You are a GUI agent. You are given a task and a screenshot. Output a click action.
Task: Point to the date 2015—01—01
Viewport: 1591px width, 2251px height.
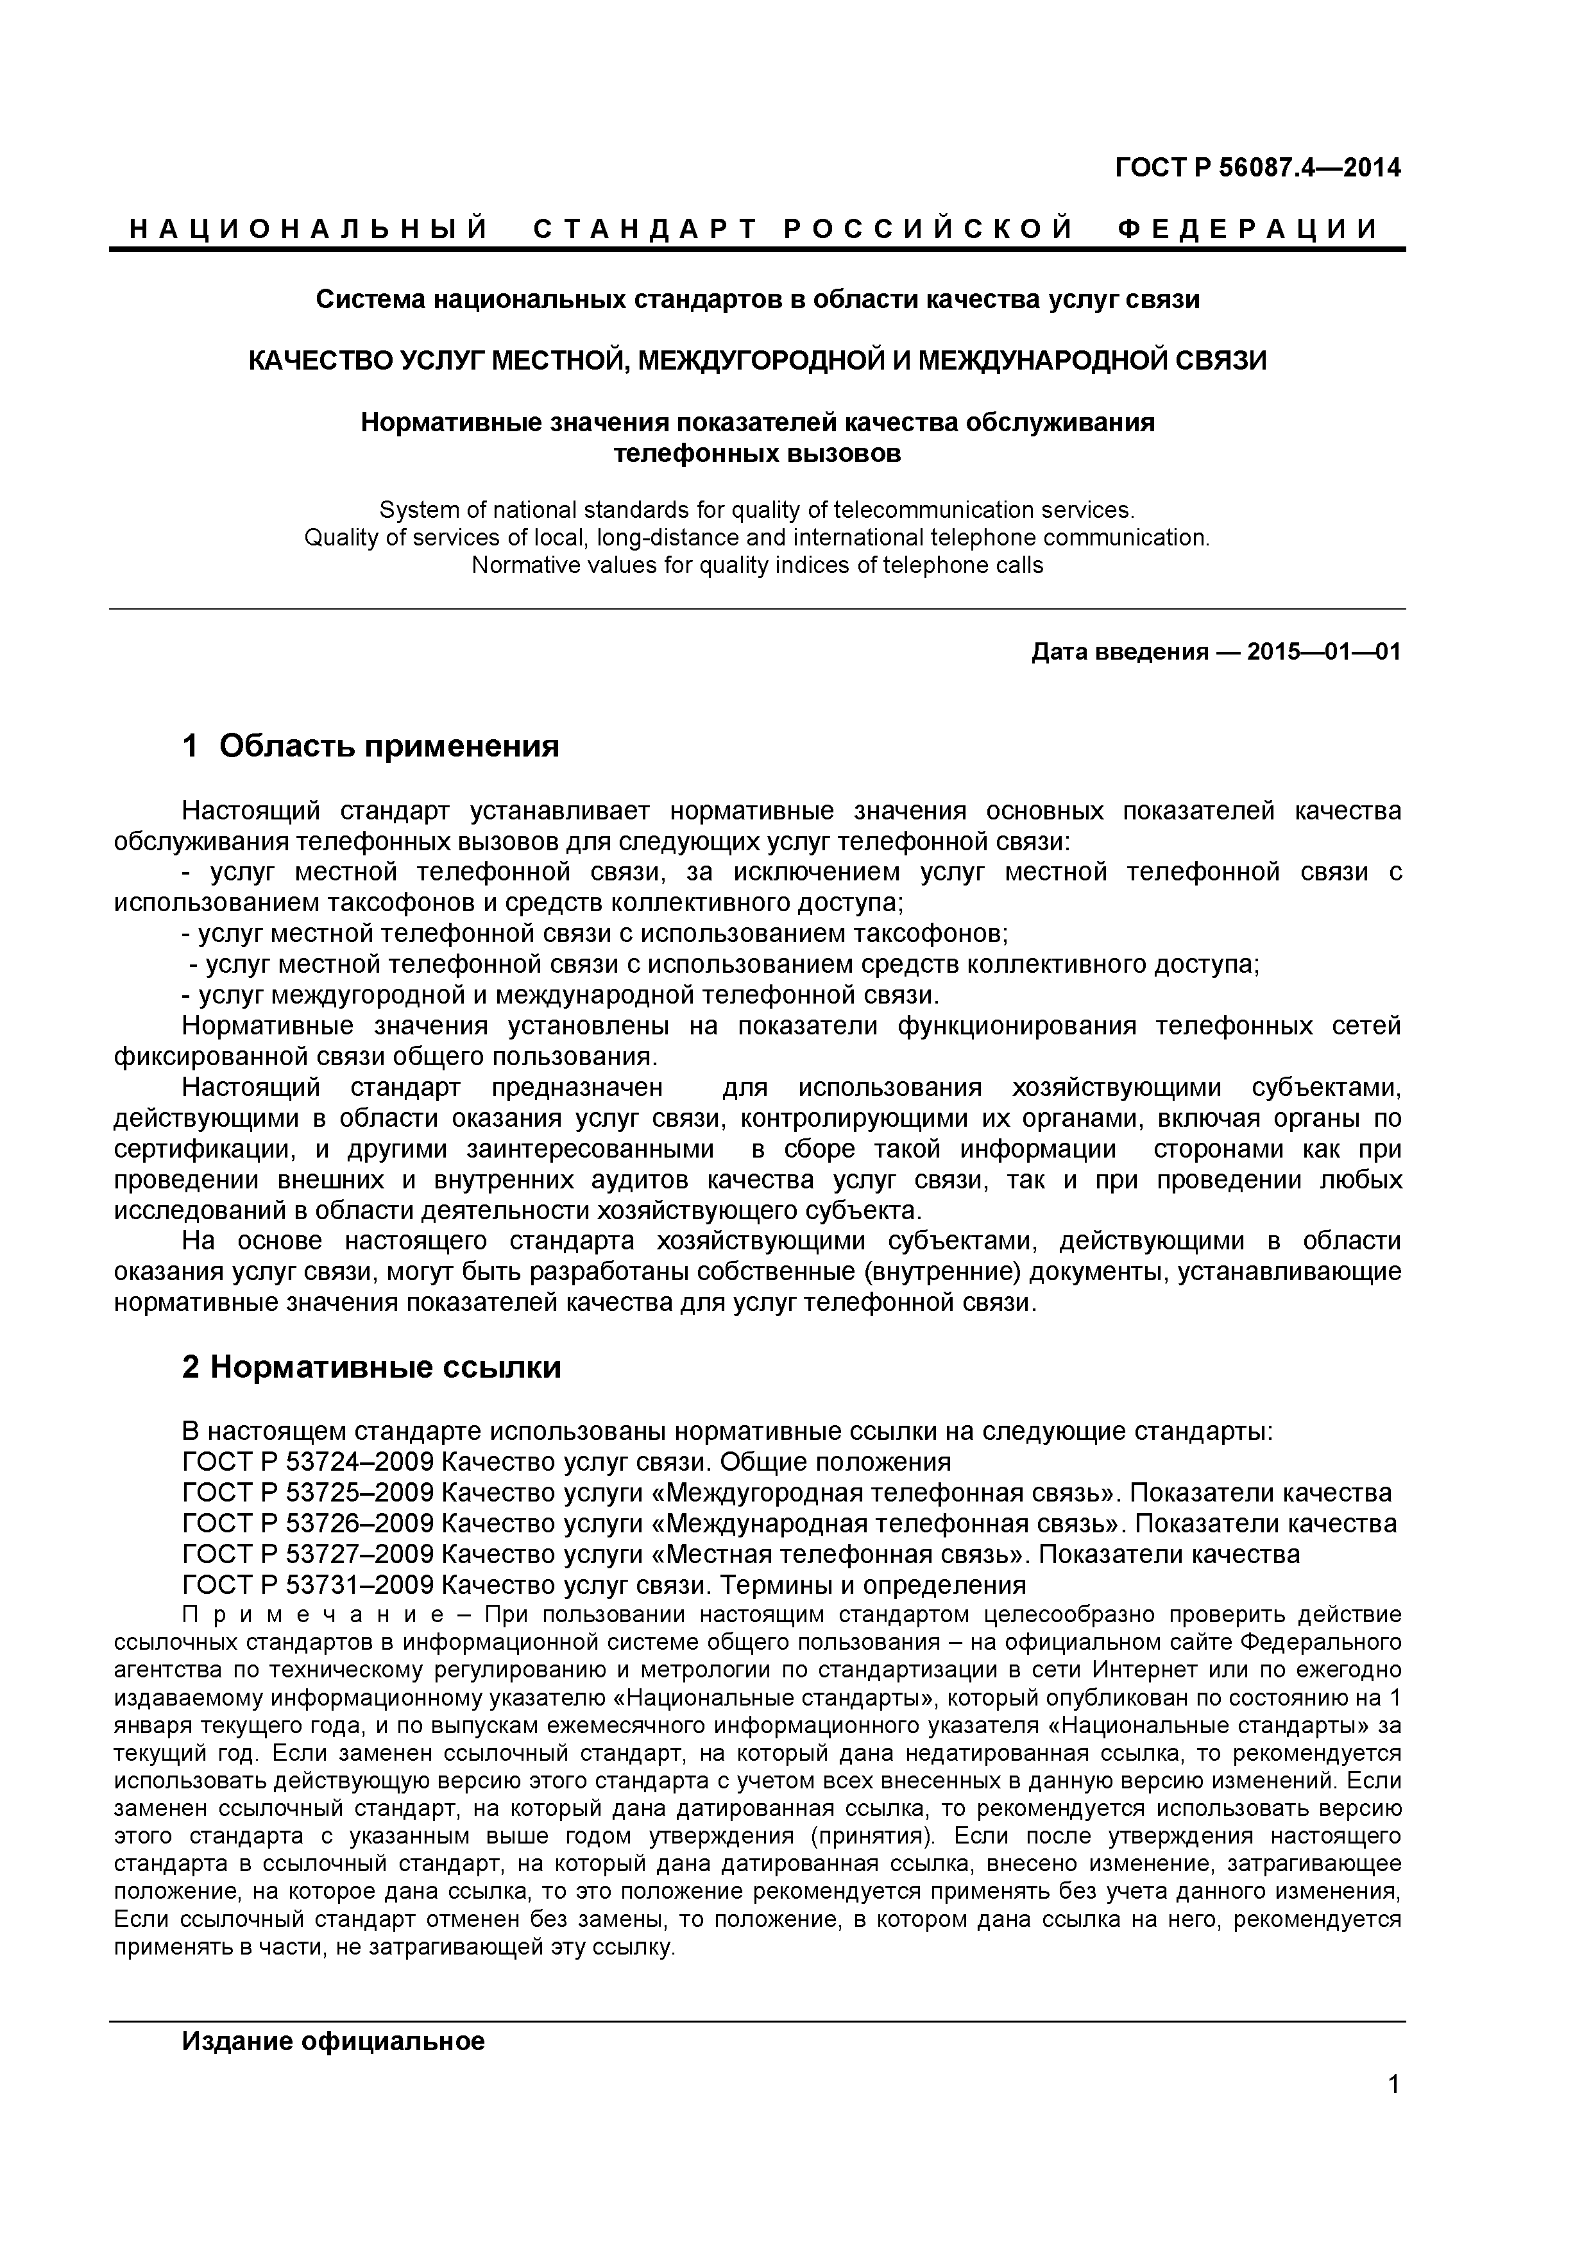1323,652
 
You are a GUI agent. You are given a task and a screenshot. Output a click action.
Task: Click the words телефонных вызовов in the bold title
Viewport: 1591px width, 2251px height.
757,454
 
